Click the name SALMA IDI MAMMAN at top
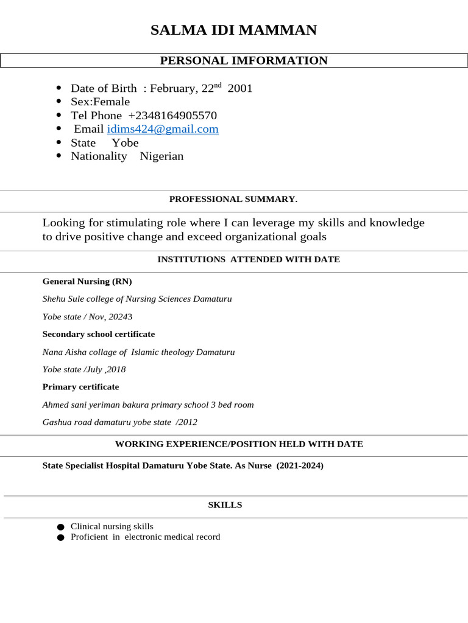tap(234, 30)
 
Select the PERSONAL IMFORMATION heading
tap(243, 60)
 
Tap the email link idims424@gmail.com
tap(163, 129)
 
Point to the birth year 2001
tap(239, 89)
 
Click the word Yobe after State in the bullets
tap(125, 142)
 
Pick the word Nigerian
tap(161, 156)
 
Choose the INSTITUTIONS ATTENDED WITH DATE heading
tap(249, 259)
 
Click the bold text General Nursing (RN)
tap(87, 281)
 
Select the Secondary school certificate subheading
tap(99, 334)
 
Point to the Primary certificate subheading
tap(80, 387)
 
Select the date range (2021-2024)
tap(300, 465)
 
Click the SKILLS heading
tap(225, 505)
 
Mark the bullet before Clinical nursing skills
tap(59, 527)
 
